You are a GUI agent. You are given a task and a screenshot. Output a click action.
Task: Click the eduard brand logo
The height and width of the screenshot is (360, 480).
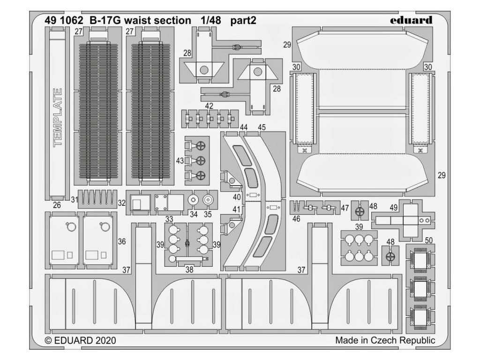tap(411, 20)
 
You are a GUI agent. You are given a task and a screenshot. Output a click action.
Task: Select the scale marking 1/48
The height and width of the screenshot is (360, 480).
tap(208, 21)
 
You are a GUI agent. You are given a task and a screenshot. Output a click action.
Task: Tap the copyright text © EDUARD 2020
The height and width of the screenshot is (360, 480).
tap(81, 340)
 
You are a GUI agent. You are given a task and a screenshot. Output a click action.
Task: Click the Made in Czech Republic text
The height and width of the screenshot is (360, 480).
tap(385, 340)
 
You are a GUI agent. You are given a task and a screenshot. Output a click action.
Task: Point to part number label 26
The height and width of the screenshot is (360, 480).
tap(57, 205)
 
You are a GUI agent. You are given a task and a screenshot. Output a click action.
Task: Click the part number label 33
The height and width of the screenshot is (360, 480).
tap(169, 219)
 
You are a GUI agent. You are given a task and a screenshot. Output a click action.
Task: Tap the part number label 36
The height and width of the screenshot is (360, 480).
tap(122, 242)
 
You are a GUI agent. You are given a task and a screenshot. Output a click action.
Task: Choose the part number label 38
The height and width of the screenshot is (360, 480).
tap(189, 269)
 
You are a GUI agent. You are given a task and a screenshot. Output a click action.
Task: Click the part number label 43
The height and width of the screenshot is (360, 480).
tap(180, 161)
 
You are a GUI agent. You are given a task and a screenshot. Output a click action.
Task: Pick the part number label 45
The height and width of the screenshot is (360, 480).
tap(262, 127)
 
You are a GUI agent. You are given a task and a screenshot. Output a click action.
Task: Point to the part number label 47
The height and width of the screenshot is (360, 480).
tap(345, 207)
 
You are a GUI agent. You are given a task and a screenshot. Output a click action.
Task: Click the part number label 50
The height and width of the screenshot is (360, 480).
tap(428, 240)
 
